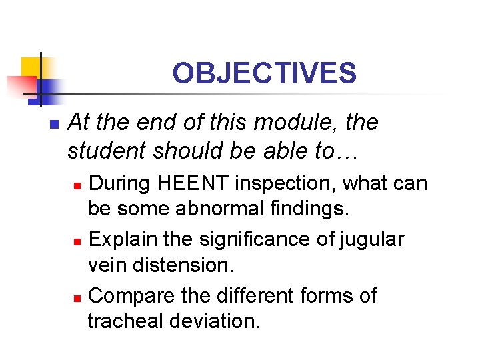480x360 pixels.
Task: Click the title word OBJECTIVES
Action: pyautogui.click(x=264, y=73)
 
